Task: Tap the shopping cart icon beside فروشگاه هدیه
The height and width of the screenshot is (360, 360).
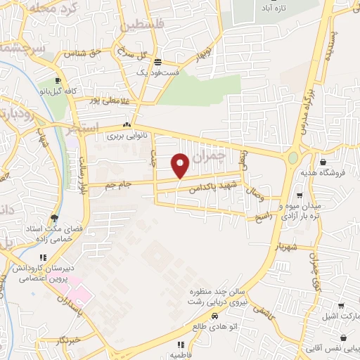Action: coord(300,176)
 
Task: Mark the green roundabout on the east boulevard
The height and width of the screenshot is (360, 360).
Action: coord(293,157)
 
